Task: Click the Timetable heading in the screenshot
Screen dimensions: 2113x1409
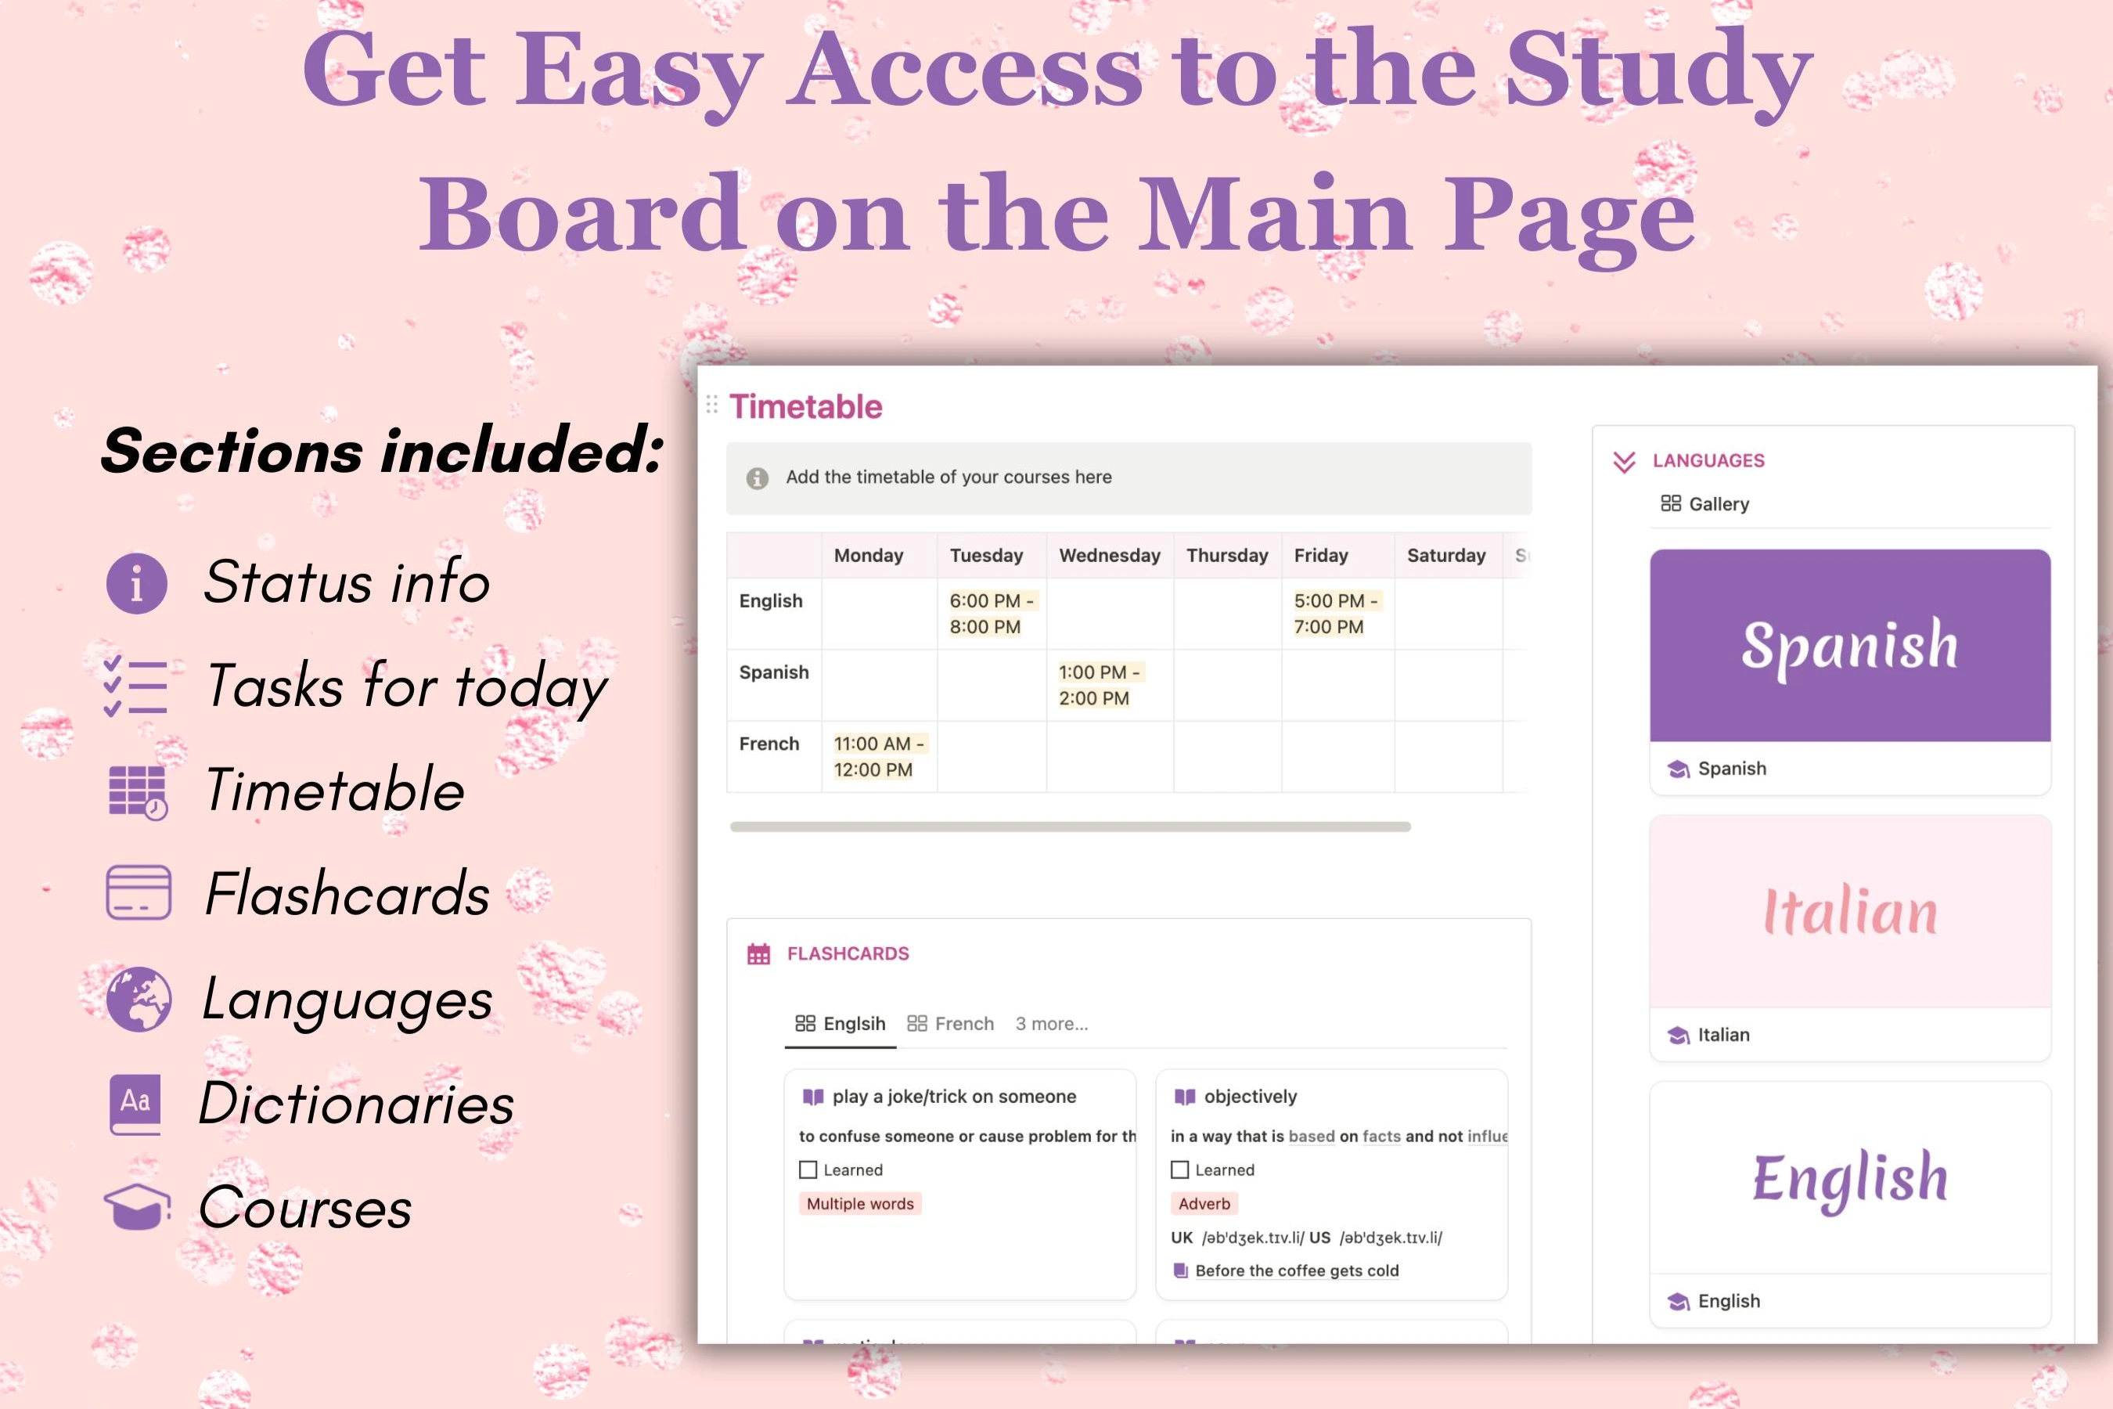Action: [805, 407]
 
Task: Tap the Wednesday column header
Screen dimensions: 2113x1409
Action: [1110, 555]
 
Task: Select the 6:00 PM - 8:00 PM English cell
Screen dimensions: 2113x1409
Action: [992, 614]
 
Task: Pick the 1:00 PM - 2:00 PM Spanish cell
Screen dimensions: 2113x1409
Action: [1110, 685]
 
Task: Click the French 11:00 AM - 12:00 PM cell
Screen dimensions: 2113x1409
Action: [879, 757]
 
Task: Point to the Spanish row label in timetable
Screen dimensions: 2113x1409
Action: [773, 672]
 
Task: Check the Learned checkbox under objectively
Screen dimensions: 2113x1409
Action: [1179, 1170]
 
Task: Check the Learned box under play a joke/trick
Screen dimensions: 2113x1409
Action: [808, 1170]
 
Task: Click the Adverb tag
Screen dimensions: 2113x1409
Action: [1204, 1204]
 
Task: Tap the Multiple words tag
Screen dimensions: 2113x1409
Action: [860, 1204]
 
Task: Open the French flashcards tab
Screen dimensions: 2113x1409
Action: [951, 1024]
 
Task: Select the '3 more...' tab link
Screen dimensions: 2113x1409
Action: [1051, 1024]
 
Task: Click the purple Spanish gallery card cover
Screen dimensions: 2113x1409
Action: [1850, 645]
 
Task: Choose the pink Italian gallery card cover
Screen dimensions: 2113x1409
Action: [1850, 911]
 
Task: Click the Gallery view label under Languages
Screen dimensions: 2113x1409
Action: [1704, 504]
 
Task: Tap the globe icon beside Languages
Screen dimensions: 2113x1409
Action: [139, 998]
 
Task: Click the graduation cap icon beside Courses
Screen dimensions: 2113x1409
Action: [136, 1206]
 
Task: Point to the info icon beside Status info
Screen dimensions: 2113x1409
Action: [136, 583]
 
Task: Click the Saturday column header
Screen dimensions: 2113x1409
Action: [1446, 555]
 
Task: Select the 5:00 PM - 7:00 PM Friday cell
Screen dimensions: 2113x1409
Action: [1337, 614]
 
